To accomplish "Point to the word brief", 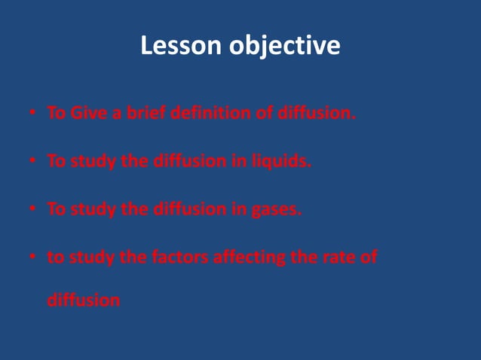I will (143, 114).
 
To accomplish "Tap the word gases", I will (275, 210).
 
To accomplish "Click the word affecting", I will (246, 258).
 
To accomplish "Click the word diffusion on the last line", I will (83, 300).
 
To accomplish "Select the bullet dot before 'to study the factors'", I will (33, 258).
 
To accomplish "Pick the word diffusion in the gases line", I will (185, 210).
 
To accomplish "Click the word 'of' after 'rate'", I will (368, 258).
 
